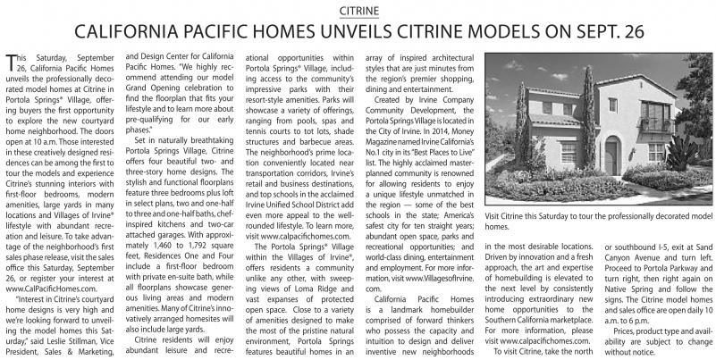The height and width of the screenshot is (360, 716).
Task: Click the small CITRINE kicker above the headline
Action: tap(358, 10)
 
